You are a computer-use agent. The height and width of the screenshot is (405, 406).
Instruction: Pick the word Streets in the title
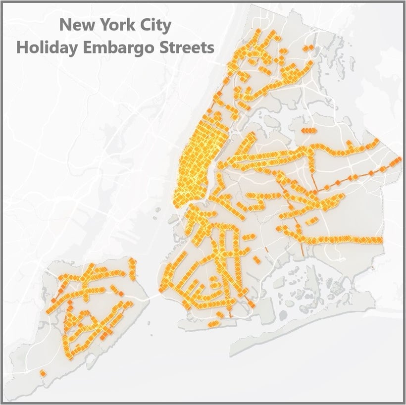click(188, 48)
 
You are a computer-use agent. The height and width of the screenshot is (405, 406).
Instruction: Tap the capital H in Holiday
click(22, 48)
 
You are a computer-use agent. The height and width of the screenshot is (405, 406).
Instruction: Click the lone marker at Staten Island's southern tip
click(43, 373)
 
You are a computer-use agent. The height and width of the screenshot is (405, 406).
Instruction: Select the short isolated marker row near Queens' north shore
click(307, 131)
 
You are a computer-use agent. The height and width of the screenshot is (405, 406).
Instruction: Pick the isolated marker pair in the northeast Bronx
click(308, 48)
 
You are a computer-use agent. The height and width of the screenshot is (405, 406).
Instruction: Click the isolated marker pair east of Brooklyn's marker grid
click(256, 259)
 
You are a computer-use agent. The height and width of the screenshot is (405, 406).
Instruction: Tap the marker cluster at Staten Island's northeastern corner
click(132, 263)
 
